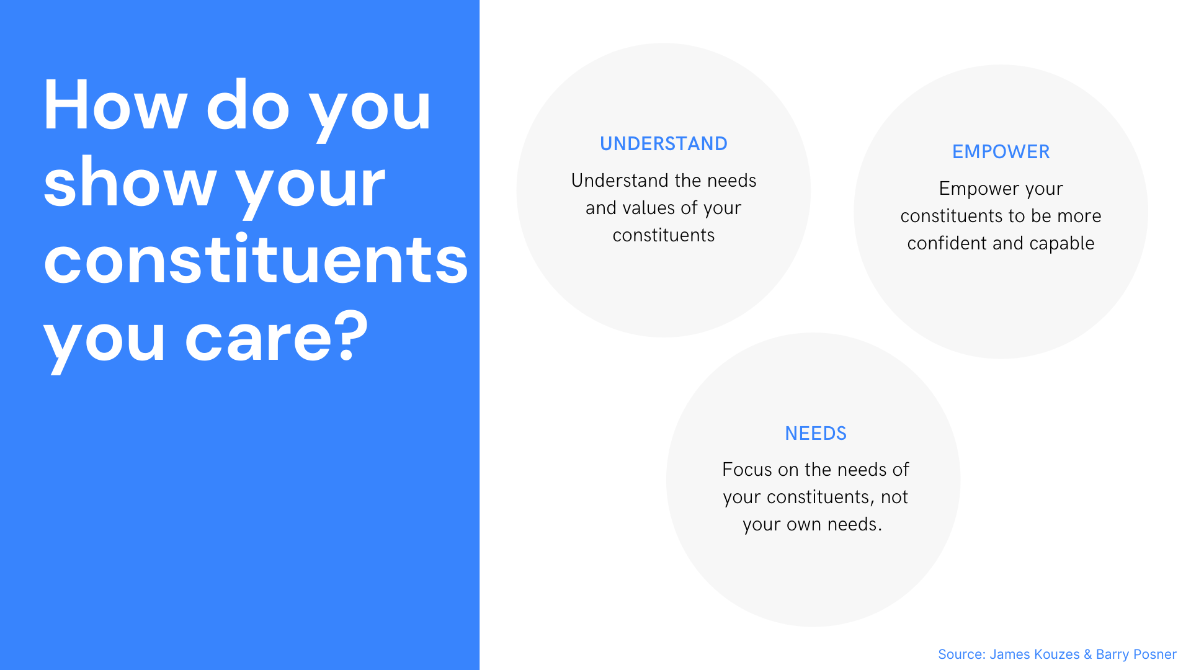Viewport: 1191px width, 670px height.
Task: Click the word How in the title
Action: tap(115, 105)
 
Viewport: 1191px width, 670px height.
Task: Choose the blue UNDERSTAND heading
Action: tap(664, 144)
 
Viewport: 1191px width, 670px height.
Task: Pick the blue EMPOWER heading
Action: tap(1001, 152)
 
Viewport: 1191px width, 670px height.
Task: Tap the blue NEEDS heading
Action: tap(816, 434)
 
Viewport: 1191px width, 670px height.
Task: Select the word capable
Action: tap(1062, 244)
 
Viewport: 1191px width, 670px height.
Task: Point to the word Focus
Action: tap(747, 470)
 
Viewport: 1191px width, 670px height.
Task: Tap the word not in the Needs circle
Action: tap(894, 497)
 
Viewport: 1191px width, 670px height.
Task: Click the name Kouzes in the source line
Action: tap(1056, 654)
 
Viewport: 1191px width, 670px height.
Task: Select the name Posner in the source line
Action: tap(1155, 654)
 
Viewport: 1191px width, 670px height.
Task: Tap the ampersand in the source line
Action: tap(1088, 654)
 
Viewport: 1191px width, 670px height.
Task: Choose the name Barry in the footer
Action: tap(1113, 655)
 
